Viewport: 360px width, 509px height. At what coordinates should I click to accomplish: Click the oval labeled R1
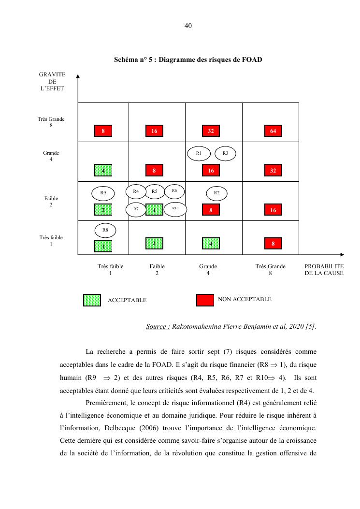coord(199,153)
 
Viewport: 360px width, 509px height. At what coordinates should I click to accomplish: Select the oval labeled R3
coord(225,153)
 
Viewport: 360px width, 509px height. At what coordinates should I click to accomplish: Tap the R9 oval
coord(103,193)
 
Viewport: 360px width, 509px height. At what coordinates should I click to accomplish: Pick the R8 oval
coord(105,230)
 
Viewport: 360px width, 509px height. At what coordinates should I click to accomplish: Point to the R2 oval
coord(216,193)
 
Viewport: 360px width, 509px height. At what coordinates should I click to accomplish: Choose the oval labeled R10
coord(175,209)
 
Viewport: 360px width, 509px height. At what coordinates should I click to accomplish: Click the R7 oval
coord(136,209)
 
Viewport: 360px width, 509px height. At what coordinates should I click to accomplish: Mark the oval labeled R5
coord(155,191)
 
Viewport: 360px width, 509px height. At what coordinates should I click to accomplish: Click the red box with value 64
coord(273,131)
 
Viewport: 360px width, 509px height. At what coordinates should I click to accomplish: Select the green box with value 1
coord(103,246)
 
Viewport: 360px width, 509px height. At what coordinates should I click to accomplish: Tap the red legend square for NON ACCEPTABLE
coord(205,300)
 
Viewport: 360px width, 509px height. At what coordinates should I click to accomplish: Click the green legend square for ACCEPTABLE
coord(92,300)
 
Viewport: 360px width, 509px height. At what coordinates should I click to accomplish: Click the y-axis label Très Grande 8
coord(51,122)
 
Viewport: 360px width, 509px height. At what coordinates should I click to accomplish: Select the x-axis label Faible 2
coord(157,270)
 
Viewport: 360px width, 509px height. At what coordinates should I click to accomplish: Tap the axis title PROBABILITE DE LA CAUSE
coord(324,270)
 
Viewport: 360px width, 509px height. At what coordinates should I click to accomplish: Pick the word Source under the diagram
coord(157,327)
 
